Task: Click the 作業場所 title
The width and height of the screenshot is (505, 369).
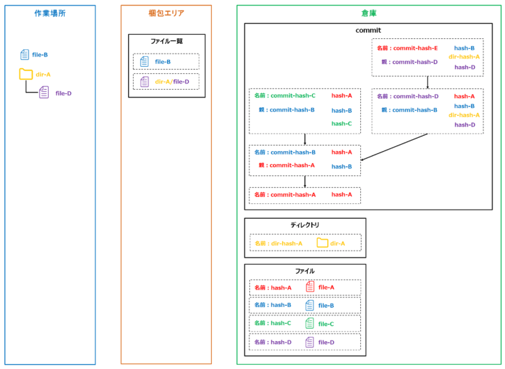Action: tap(50, 13)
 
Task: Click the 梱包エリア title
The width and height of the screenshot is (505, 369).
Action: tap(166, 13)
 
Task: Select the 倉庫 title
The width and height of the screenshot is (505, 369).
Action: tap(369, 13)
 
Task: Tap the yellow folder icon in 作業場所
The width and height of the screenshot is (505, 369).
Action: tap(26, 74)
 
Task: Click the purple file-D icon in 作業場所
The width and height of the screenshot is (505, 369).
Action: tap(44, 93)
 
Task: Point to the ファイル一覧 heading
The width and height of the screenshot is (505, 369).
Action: tap(166, 42)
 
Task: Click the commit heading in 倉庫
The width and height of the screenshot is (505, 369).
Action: tap(368, 31)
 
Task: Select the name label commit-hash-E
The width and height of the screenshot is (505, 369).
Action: tap(407, 49)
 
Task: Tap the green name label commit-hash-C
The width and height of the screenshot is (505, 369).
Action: tap(286, 96)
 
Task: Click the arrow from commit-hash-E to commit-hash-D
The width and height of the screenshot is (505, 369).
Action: tap(427, 82)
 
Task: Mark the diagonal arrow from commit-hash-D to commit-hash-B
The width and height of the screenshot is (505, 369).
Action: tap(394, 148)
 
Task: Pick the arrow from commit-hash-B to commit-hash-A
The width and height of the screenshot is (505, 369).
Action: tap(305, 181)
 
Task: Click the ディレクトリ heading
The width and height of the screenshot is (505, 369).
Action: tap(305, 225)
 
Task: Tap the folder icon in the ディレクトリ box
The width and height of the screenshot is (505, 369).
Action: tap(322, 243)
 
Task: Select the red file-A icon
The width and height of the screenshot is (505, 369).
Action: tap(310, 286)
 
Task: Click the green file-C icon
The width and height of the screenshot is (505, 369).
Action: tap(310, 323)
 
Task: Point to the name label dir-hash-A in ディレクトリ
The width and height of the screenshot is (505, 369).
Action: tap(279, 244)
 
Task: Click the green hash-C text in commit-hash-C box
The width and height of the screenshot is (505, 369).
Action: tap(341, 124)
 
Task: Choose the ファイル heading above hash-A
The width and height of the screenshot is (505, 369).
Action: tap(305, 271)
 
